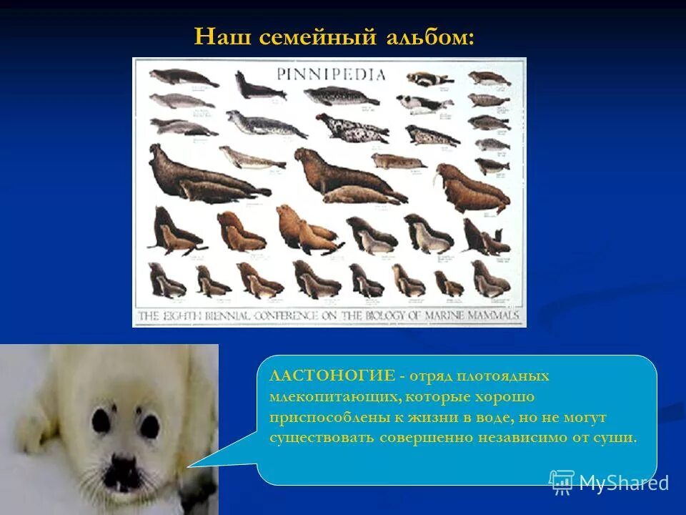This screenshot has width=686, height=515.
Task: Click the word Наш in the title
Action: coord(217,36)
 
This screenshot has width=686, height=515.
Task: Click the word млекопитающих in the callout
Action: coord(332,396)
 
